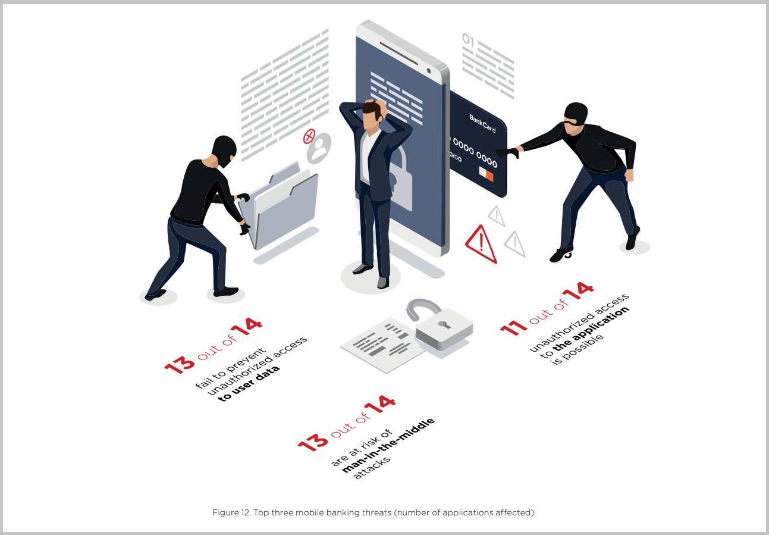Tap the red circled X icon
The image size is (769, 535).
pyautogui.click(x=309, y=136)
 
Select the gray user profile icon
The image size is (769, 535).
pyautogui.click(x=319, y=148)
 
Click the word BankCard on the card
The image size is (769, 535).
pyautogui.click(x=482, y=124)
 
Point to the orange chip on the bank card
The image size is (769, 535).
pyautogui.click(x=489, y=176)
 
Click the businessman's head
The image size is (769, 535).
pyautogui.click(x=373, y=114)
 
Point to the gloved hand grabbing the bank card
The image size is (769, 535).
pyautogui.click(x=507, y=152)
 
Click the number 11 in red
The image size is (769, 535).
pyautogui.click(x=513, y=328)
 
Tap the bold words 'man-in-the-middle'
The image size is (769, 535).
pyautogui.click(x=388, y=446)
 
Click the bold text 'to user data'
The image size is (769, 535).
pyautogui.click(x=249, y=384)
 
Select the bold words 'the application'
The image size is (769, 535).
pyautogui.click(x=591, y=328)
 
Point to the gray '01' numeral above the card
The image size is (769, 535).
pyautogui.click(x=468, y=40)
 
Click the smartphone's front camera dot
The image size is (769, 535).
pyautogui.click(x=429, y=71)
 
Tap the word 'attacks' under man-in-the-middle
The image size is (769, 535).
pyautogui.click(x=372, y=468)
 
